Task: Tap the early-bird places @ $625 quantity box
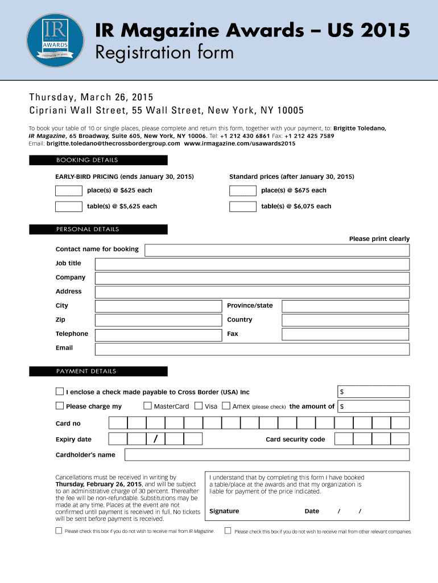[68, 191]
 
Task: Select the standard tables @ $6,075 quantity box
[242, 206]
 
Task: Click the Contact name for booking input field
[276, 249]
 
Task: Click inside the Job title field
[251, 264]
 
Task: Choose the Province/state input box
[345, 306]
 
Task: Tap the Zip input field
[158, 320]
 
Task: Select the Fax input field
[345, 334]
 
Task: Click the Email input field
[251, 348]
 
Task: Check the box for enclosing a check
[60, 392]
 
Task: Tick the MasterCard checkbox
[147, 406]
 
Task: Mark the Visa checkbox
[199, 406]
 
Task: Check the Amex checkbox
[226, 406]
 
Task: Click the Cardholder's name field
[266, 454]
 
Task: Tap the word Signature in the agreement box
[224, 511]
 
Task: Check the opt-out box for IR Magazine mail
[59, 531]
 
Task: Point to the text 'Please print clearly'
[379, 239]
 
